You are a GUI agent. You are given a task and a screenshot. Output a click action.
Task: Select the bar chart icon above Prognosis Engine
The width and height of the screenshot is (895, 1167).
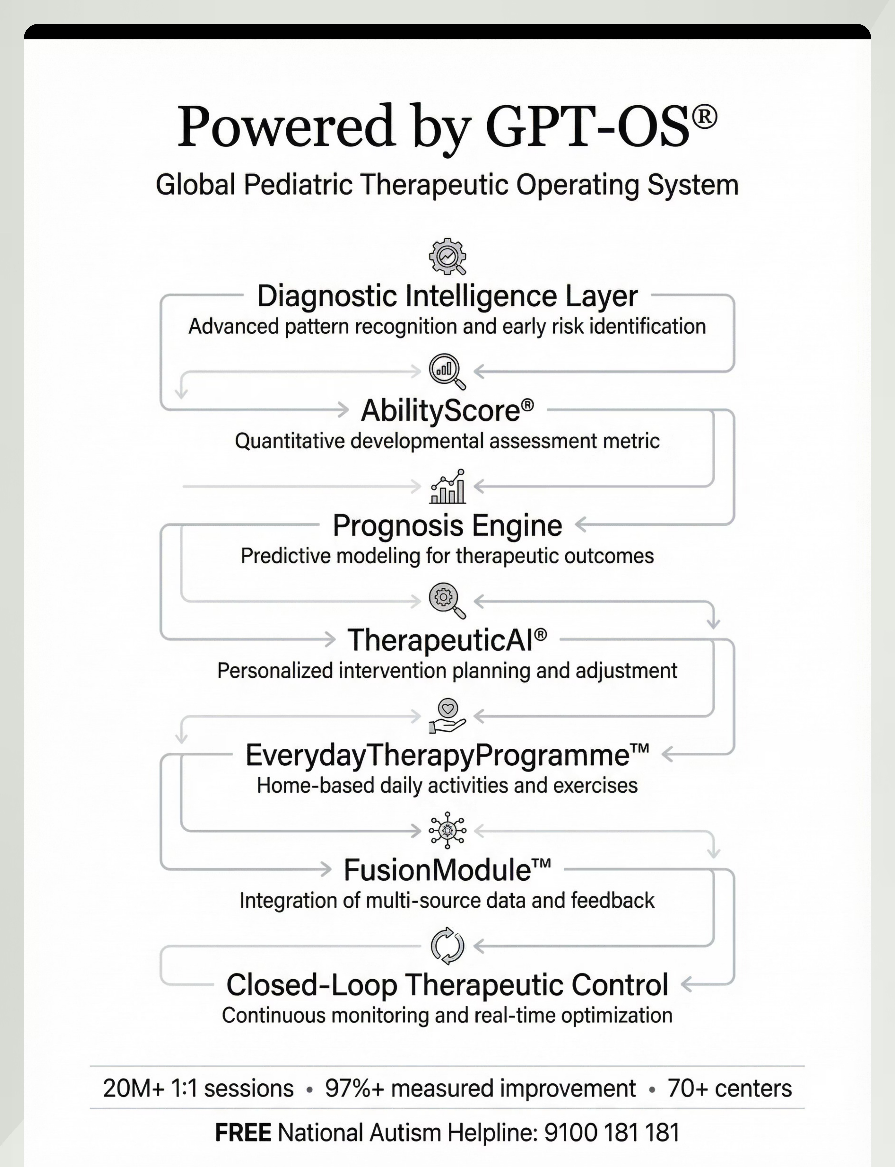pyautogui.click(x=447, y=486)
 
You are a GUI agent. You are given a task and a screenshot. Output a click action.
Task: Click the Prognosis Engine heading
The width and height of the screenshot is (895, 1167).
pyautogui.click(x=447, y=526)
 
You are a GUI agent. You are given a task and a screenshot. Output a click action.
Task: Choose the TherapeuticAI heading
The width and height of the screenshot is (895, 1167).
pyautogui.click(x=447, y=640)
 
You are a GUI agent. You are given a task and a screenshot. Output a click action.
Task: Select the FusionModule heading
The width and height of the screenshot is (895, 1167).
pyautogui.click(x=447, y=870)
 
